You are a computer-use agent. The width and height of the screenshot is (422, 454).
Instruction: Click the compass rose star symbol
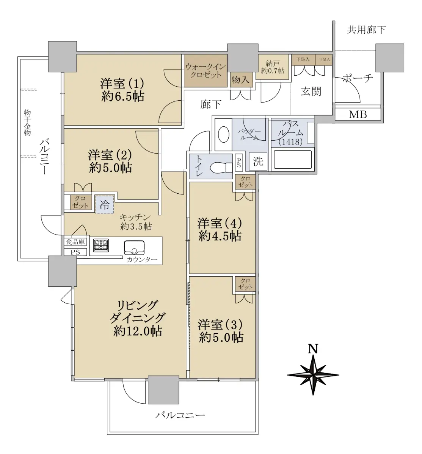(x=313, y=375)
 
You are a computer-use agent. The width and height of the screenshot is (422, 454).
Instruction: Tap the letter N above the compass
(x=313, y=349)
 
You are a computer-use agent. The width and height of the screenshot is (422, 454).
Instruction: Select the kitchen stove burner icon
(x=101, y=245)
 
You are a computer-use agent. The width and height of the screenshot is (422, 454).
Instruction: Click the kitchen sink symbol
(x=134, y=247)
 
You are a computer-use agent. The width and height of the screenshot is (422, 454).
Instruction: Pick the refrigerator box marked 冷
(x=105, y=205)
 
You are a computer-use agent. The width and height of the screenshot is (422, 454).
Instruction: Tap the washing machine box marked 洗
(x=258, y=162)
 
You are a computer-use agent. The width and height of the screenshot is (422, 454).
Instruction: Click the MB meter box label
(x=358, y=114)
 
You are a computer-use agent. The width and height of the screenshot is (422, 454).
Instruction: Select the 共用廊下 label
(x=366, y=30)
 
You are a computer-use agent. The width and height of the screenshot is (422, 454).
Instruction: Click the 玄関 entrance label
(x=311, y=92)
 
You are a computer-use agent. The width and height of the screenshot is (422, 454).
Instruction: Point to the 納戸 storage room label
(x=272, y=63)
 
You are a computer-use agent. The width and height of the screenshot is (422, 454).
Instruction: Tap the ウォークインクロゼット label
(x=206, y=71)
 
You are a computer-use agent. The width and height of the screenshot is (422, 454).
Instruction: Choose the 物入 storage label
(x=240, y=80)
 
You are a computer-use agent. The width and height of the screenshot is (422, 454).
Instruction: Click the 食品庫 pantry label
(x=75, y=242)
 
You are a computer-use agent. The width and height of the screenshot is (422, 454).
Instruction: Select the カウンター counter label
(x=142, y=260)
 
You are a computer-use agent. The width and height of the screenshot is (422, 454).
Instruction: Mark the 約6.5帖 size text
(x=122, y=96)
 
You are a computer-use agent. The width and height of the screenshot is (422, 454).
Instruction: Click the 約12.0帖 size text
(x=138, y=331)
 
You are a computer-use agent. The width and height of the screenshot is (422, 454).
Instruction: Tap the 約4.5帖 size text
(x=220, y=236)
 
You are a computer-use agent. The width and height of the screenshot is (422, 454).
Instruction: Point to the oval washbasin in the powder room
(x=224, y=134)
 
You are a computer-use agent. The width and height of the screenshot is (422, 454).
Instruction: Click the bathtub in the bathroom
(x=293, y=159)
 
